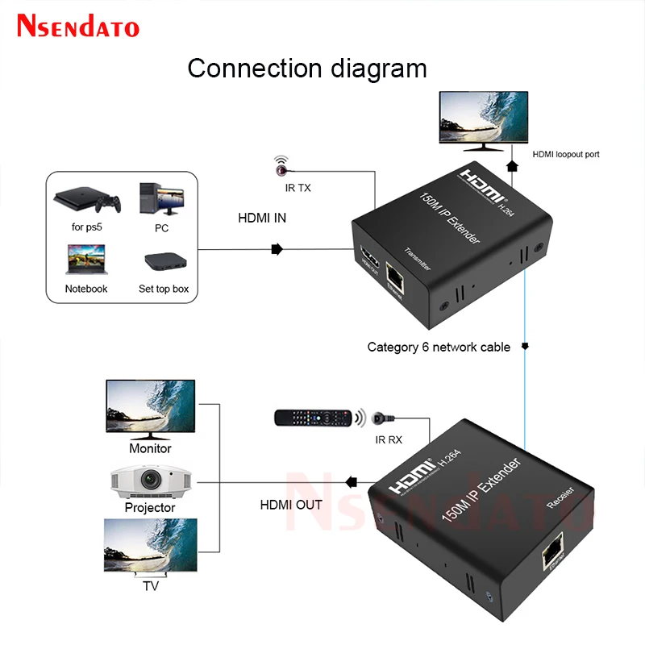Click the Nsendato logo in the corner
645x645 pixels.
[78, 27]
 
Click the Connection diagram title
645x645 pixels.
[307, 68]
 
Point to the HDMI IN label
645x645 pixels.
[262, 218]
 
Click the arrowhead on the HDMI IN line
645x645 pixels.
[277, 249]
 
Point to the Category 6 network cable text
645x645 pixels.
[439, 347]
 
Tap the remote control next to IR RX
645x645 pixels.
[314, 418]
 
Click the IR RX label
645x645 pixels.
[389, 440]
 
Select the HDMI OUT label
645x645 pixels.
[291, 505]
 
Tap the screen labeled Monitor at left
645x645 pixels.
[150, 407]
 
